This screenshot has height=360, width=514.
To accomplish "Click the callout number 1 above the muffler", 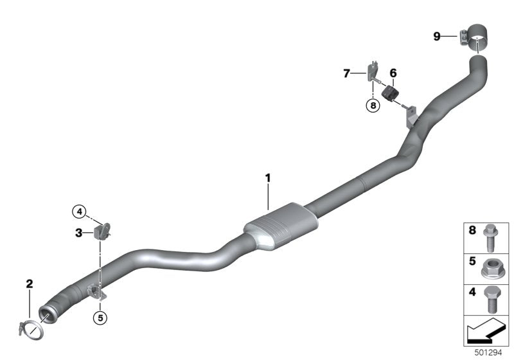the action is [268, 178].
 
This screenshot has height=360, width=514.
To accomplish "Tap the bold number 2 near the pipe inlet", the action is [30, 283].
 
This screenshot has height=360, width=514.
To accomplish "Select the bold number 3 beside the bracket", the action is [78, 233].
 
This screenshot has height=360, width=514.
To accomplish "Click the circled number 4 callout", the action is [80, 212].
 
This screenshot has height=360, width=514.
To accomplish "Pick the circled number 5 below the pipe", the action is [100, 318].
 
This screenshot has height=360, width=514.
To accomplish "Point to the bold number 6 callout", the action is [393, 73].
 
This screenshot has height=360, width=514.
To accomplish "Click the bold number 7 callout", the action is [346, 73].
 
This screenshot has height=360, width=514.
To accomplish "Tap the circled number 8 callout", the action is [373, 105].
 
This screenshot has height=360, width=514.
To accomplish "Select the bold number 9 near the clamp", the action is [437, 36].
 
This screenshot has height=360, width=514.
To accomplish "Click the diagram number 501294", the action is [488, 353].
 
